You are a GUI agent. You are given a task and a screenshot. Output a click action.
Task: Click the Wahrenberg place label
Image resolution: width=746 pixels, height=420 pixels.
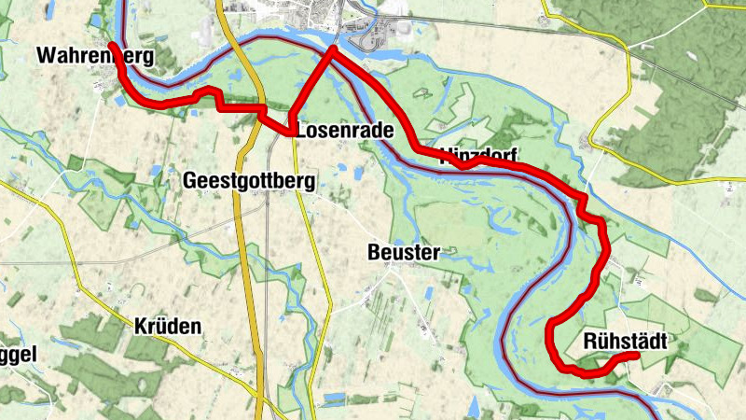point(94,56)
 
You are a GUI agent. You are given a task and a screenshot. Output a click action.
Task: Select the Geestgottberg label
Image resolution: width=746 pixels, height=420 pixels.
point(249,179)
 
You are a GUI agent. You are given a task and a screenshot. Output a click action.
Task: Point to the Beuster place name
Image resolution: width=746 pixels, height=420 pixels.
point(403,252)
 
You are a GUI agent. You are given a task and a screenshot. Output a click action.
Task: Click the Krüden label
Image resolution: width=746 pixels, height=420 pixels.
point(167,326)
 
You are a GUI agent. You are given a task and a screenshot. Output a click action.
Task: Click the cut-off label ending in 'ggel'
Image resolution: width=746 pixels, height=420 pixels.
point(18,356)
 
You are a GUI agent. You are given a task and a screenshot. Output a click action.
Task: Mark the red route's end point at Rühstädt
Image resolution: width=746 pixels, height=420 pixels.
point(636,356)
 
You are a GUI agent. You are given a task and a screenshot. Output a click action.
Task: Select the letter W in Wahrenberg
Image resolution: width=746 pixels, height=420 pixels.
point(46,56)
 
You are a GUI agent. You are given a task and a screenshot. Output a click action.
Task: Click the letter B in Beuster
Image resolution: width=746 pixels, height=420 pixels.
point(375,252)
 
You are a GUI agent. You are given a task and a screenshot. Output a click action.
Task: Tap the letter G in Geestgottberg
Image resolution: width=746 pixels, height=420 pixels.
point(191,179)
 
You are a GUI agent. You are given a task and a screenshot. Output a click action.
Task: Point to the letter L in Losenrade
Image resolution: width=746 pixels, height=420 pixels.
point(302,131)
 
